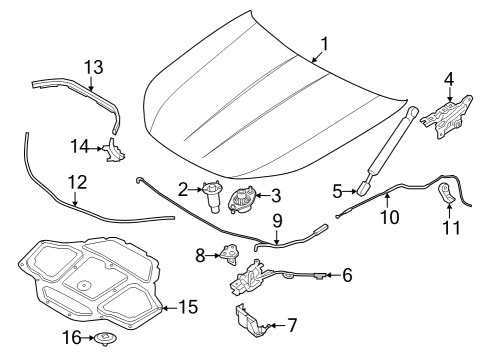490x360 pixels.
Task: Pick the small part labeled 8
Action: pyautogui.click(x=230, y=254)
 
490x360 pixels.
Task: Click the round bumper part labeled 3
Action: pyautogui.click(x=243, y=199)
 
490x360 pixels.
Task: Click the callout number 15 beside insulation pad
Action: pyautogui.click(x=189, y=307)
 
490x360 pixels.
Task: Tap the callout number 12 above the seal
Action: pyautogui.click(x=77, y=183)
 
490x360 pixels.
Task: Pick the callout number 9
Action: pyautogui.click(x=278, y=220)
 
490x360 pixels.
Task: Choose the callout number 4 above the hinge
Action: pyautogui.click(x=448, y=78)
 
